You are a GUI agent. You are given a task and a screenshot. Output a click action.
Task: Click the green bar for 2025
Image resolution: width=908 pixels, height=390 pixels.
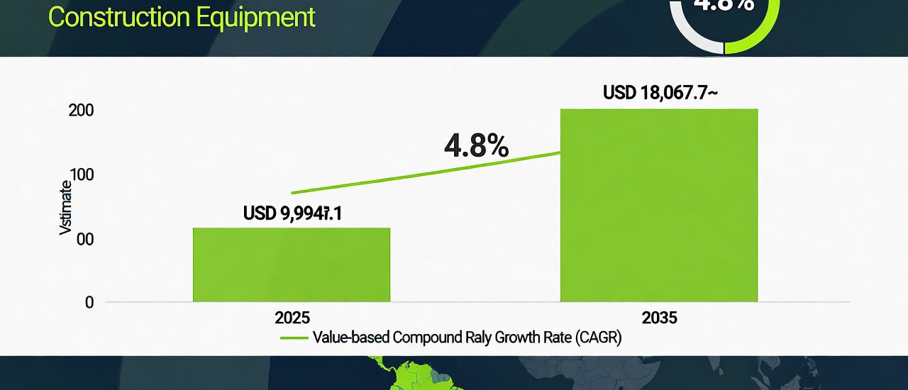click(x=291, y=264)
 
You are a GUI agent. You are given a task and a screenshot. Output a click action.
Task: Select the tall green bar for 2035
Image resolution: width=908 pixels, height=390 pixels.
click(x=658, y=206)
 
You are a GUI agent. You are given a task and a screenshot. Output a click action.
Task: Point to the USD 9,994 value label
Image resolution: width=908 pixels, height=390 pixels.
click(x=292, y=213)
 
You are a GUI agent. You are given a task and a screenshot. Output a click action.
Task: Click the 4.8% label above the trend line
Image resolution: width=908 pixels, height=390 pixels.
click(x=476, y=145)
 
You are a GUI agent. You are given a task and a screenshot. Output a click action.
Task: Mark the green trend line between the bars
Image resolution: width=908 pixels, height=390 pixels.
click(x=426, y=172)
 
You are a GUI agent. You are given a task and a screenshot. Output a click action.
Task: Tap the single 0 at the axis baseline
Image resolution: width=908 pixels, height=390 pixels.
click(x=89, y=303)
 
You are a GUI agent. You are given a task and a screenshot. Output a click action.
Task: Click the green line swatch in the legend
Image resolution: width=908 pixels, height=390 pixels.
click(x=294, y=338)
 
